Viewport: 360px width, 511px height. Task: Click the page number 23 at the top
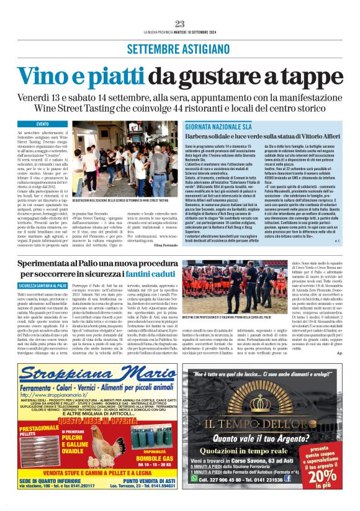point(180,24)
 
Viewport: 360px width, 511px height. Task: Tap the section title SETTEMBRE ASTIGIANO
point(180,49)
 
